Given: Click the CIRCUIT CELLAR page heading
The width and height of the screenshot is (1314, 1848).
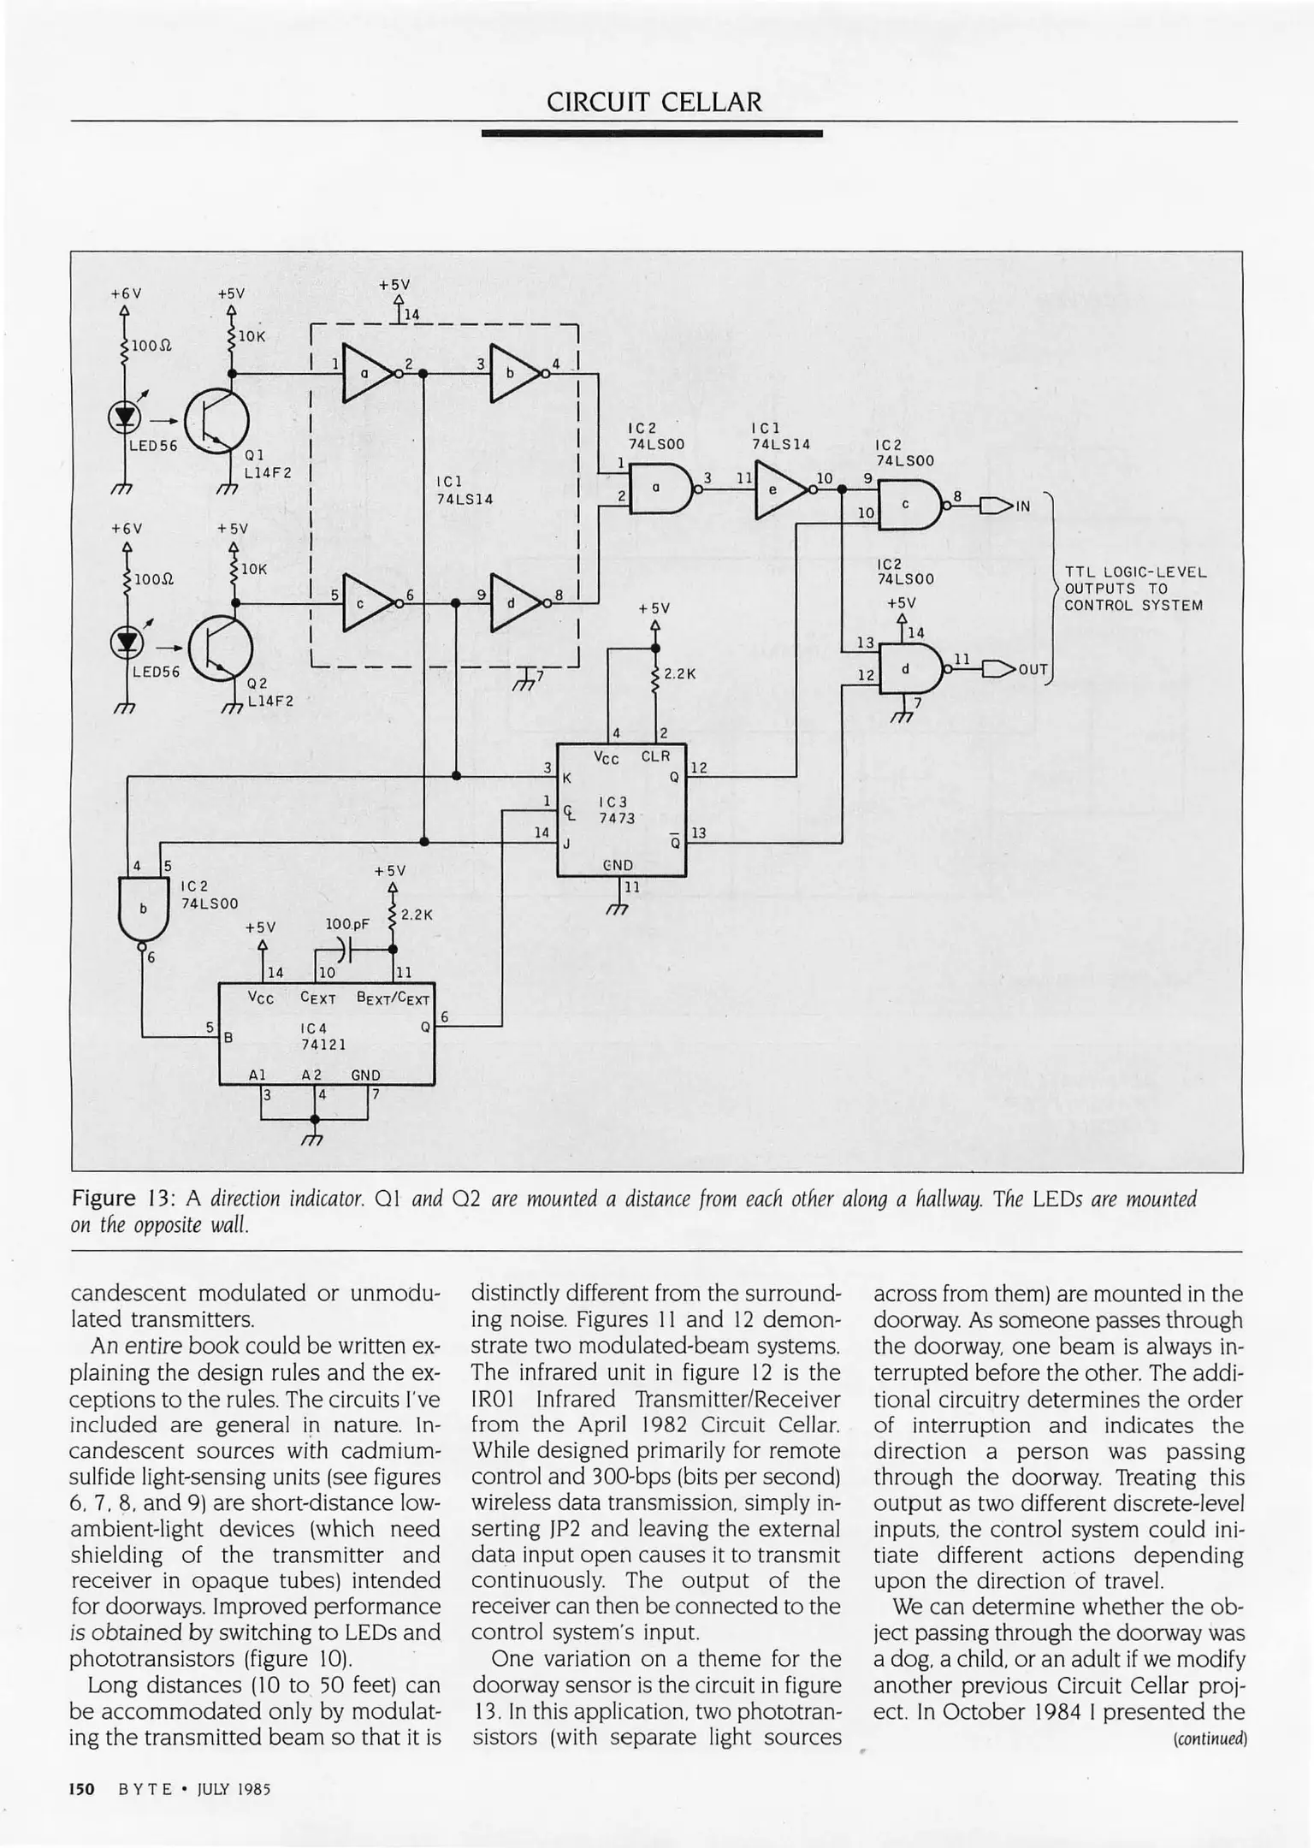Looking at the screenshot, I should [x=654, y=103].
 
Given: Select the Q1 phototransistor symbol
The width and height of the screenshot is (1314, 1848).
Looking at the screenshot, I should [x=216, y=422].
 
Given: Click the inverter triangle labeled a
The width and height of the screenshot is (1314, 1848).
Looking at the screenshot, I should [x=365, y=373].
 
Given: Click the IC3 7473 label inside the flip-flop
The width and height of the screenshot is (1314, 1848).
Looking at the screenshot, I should [x=616, y=810].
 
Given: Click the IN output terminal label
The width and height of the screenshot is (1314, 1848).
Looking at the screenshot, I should [x=1023, y=506].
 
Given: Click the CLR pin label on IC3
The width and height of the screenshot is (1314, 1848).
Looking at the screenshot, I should [x=656, y=757].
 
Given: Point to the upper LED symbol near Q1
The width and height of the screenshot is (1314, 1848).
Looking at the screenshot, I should [x=126, y=416].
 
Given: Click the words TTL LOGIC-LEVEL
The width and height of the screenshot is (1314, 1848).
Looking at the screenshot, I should [x=1135, y=572].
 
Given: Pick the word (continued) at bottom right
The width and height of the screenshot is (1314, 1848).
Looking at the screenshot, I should [x=1211, y=1738].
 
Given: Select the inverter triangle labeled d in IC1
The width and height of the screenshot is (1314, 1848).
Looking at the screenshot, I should [x=513, y=602].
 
